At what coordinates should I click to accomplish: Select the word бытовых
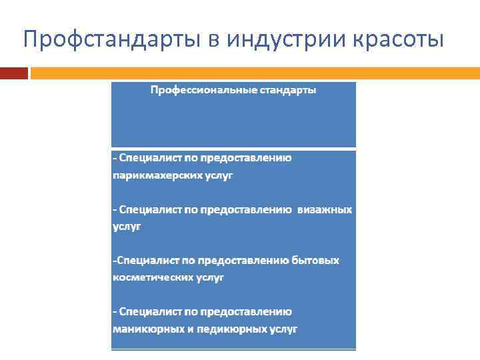click(315, 260)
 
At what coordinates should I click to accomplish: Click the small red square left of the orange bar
click(13, 72)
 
